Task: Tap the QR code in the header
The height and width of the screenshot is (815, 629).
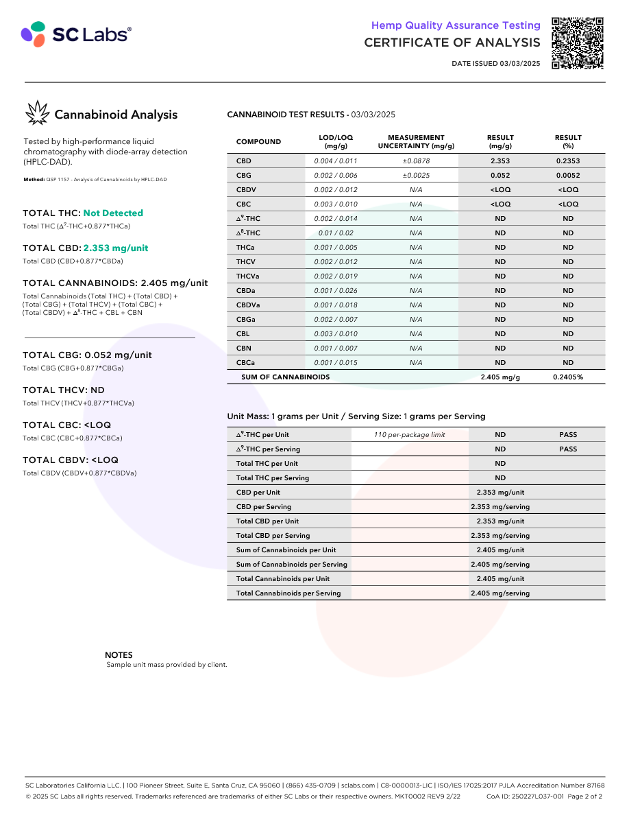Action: [x=577, y=43]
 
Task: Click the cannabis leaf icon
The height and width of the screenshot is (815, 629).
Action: [x=37, y=114]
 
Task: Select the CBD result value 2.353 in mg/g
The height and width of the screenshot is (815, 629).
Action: [x=500, y=161]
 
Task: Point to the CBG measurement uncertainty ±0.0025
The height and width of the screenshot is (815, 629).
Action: [x=416, y=176]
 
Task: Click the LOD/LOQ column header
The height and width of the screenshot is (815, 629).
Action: [x=336, y=142]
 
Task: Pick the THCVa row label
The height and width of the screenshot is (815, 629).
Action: [x=247, y=276]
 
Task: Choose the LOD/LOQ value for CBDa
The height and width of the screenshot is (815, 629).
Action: [x=336, y=291]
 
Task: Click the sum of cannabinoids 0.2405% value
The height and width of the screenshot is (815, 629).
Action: [x=568, y=377]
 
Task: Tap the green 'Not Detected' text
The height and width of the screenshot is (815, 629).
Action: [x=113, y=213]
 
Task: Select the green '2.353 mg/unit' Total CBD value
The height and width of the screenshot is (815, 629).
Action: [x=116, y=248]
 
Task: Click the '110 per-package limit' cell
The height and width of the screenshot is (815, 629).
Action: [x=410, y=435]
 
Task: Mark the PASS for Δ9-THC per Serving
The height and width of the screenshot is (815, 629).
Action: [x=568, y=449]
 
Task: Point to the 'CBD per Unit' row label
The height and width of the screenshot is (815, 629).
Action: [x=258, y=493]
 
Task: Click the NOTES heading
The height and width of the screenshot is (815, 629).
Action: [x=119, y=655]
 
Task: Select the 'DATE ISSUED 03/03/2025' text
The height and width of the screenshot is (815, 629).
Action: [x=496, y=64]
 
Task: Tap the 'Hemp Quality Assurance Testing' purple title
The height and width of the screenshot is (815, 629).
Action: [x=456, y=25]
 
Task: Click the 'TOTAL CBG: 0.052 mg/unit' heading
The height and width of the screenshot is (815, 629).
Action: [x=87, y=355]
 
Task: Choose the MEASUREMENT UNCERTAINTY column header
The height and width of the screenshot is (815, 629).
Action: [x=416, y=142]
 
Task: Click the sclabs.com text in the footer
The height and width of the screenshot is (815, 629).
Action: [x=358, y=786]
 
